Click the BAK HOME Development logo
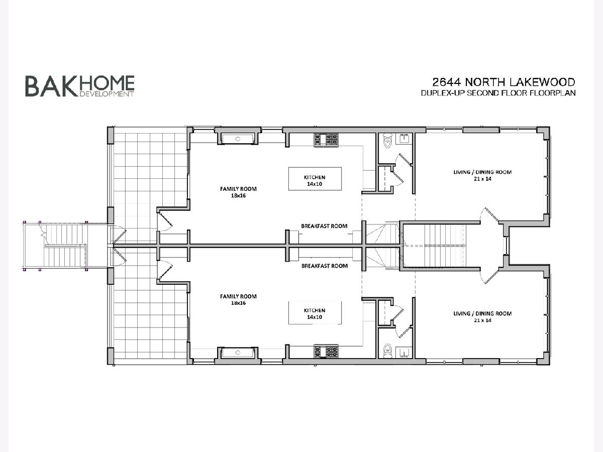click(x=80, y=86)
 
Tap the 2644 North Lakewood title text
click(x=504, y=82)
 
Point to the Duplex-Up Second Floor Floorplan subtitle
click(x=498, y=93)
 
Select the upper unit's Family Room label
click(x=238, y=192)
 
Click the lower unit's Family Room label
click(x=238, y=299)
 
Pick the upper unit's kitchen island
click(x=315, y=179)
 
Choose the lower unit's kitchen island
click(x=315, y=313)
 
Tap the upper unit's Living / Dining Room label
click(x=482, y=175)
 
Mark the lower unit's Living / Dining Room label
click(x=482, y=317)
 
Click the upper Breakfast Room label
click(x=324, y=226)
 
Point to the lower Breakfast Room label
click(x=325, y=266)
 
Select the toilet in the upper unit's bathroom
click(x=387, y=141)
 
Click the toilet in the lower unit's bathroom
click(x=387, y=351)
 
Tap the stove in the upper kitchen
click(x=326, y=140)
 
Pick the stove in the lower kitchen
click(x=326, y=352)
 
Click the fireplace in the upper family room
click(x=238, y=139)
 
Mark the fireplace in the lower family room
click(x=238, y=353)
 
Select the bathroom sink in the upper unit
click(x=404, y=139)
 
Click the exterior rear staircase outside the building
click(x=64, y=246)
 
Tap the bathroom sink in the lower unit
click(x=404, y=353)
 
